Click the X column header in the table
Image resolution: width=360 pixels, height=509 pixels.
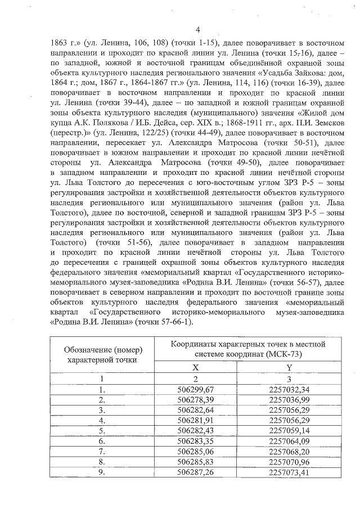[x=195, y=367]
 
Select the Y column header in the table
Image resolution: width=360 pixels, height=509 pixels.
[x=289, y=367]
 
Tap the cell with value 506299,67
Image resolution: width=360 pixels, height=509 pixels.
[x=195, y=389]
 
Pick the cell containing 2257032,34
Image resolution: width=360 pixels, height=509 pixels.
[x=289, y=389]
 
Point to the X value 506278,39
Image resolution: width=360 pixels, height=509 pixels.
[x=195, y=399]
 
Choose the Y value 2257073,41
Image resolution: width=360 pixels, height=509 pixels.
[x=289, y=474]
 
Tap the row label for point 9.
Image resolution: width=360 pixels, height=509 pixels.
[x=102, y=474]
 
